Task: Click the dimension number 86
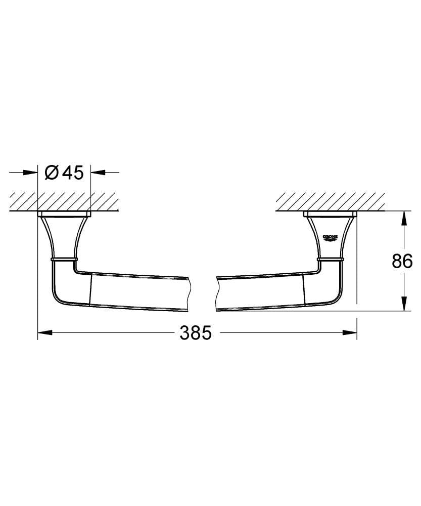click(x=402, y=261)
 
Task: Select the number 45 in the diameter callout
click(x=72, y=173)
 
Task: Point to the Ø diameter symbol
click(x=52, y=173)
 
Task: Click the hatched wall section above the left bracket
click(x=64, y=201)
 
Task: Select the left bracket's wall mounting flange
click(x=64, y=214)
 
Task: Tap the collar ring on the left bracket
click(x=64, y=259)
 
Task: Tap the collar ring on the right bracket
click(x=331, y=259)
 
